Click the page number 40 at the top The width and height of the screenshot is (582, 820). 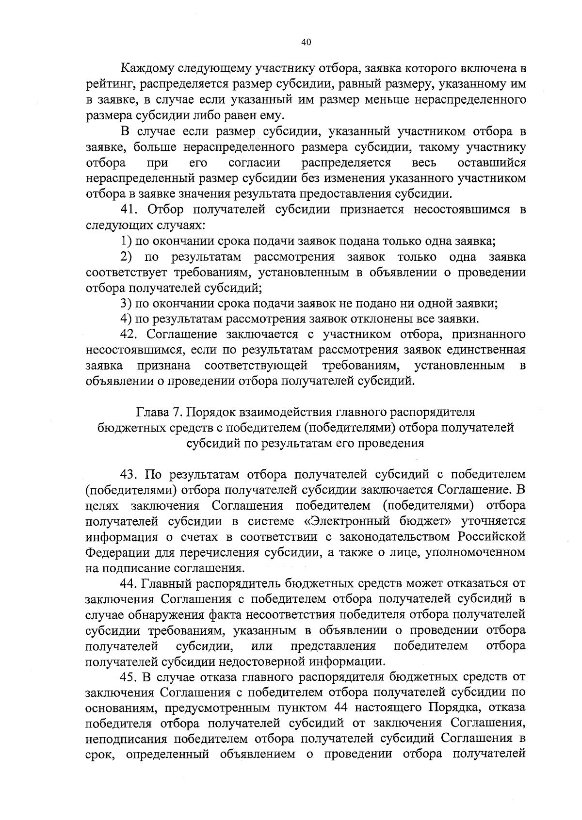point(306,42)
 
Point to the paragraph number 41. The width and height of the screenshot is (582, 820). point(129,209)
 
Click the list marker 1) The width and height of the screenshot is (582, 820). point(126,241)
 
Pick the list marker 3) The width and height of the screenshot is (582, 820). point(126,304)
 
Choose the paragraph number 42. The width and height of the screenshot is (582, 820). point(129,335)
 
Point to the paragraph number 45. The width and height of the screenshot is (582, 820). point(129,677)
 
